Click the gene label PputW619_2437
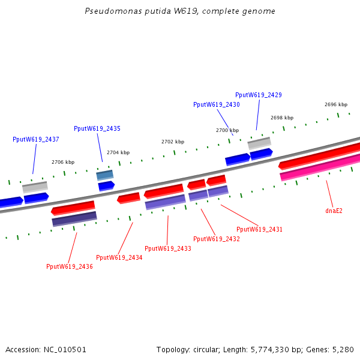tap(36, 139)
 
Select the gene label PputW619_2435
tap(97, 128)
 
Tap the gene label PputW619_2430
tap(217, 104)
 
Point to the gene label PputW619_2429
tap(259, 95)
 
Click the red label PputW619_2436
tap(70, 266)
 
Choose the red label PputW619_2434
tap(119, 257)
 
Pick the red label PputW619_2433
tap(168, 248)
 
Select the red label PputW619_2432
tap(217, 239)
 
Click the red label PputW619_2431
tap(259, 229)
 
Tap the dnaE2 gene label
tap(334, 211)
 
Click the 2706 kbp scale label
tap(63, 162)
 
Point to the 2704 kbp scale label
tap(118, 152)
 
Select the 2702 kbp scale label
tap(173, 142)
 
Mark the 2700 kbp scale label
tap(227, 130)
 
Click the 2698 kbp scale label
tap(282, 118)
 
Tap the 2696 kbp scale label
tap(336, 104)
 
